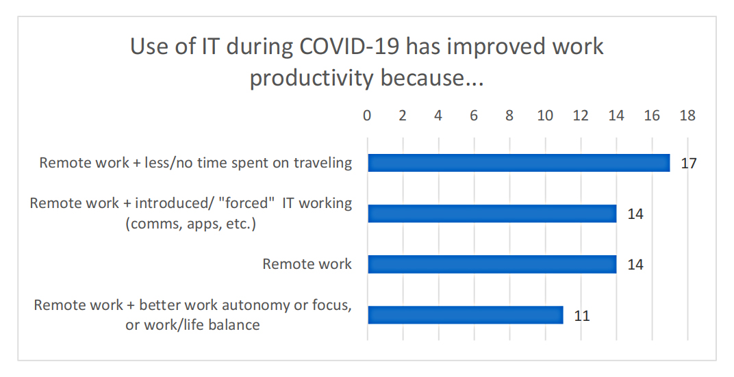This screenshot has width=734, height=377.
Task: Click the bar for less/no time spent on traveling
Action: [518, 163]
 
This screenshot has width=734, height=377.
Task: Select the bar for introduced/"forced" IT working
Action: [492, 213]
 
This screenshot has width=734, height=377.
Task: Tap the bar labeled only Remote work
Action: [492, 264]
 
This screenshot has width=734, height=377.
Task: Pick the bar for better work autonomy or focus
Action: [465, 315]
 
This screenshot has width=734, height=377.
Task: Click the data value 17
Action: [688, 164]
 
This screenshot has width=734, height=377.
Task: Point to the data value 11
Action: [581, 315]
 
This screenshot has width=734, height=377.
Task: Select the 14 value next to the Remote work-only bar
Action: [635, 265]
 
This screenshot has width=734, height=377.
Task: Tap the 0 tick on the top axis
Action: [367, 116]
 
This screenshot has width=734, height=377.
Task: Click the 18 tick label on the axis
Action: [687, 116]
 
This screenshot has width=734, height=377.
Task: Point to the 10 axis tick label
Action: [545, 116]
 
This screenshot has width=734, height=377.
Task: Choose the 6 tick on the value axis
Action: [474, 116]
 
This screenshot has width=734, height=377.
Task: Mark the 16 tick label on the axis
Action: [652, 116]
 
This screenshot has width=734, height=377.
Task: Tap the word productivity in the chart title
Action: [312, 78]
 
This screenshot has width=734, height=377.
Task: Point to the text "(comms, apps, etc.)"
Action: [191, 224]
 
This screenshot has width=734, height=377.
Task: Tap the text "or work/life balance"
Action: [192, 325]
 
